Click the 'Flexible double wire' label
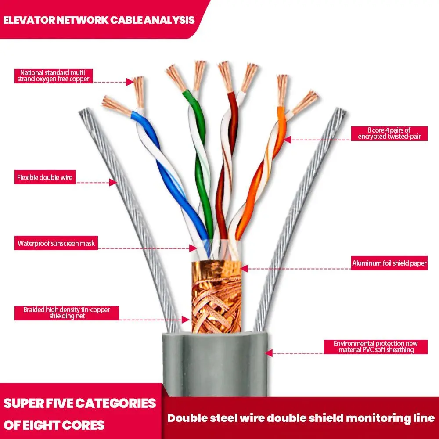(x=45, y=178)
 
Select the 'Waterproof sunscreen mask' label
(x=56, y=243)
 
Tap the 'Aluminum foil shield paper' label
(x=389, y=263)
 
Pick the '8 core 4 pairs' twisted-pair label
(x=389, y=133)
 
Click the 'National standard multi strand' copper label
(x=54, y=76)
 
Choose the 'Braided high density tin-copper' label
(x=67, y=313)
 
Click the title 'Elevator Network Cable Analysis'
(x=99, y=20)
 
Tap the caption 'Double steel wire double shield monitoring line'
(x=301, y=418)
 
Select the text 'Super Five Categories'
(x=80, y=403)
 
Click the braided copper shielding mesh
(x=216, y=299)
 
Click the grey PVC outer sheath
(x=215, y=364)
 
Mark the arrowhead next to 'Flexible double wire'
(x=113, y=182)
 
